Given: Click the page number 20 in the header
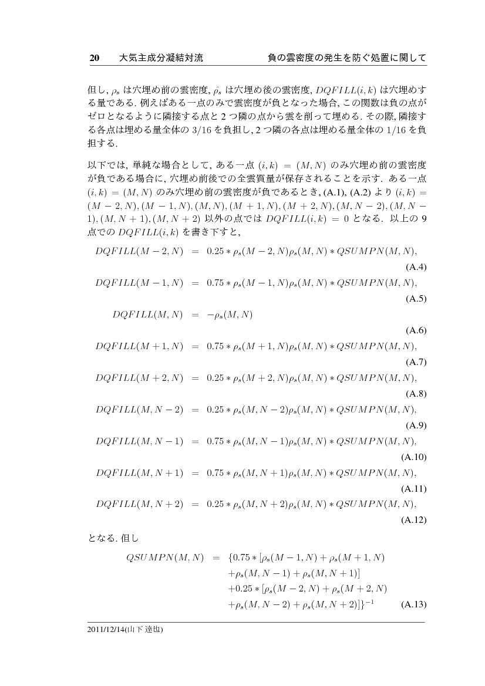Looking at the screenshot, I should (94, 58).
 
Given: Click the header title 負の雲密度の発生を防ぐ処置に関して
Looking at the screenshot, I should (346, 58).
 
